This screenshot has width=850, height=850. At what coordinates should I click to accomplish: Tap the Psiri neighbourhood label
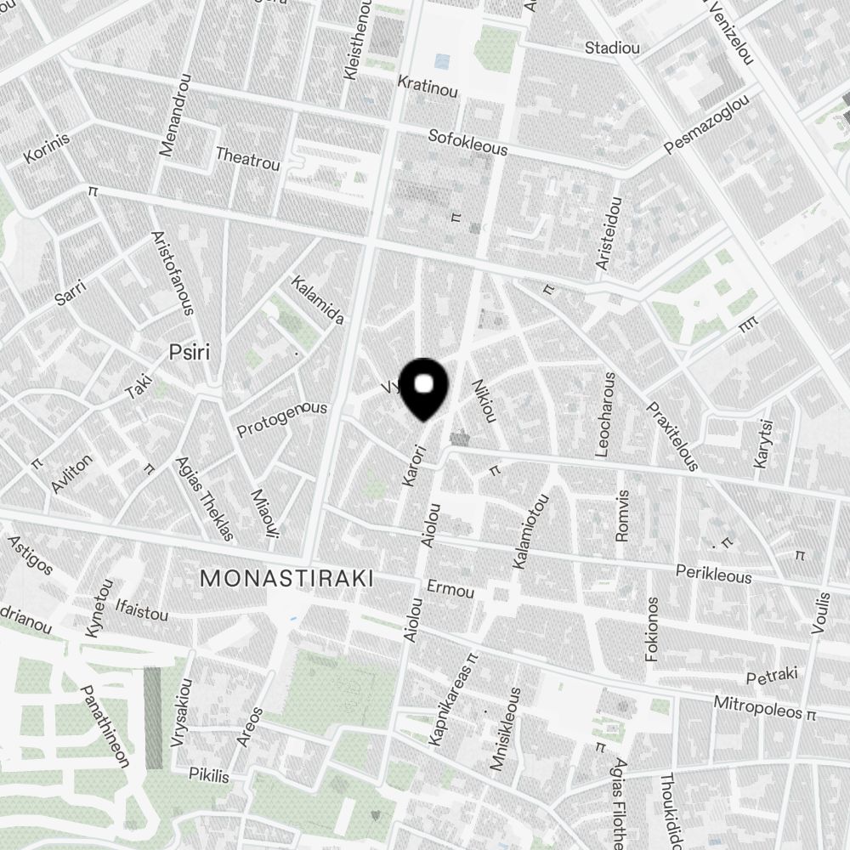coord(189,352)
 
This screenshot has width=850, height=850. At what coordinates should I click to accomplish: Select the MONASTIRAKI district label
coord(286,579)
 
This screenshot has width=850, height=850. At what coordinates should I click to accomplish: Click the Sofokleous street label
coord(467,142)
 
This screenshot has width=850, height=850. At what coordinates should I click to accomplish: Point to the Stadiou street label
coord(612,48)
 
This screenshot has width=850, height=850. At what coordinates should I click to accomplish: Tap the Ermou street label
coord(450,590)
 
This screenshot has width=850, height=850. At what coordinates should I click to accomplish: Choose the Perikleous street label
coord(713,574)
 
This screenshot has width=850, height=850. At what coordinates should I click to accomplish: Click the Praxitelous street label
coord(672,436)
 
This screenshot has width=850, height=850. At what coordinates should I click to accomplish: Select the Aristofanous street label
coord(173,272)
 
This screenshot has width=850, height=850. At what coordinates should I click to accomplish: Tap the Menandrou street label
coord(174,116)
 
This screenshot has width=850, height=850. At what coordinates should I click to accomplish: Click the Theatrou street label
coord(247,159)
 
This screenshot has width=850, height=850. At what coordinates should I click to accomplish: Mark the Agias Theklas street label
coord(203,498)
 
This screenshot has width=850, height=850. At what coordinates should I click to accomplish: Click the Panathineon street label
coord(105,726)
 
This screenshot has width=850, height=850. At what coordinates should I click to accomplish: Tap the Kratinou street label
coord(428,86)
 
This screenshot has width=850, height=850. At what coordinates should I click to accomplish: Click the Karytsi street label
coord(763,443)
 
